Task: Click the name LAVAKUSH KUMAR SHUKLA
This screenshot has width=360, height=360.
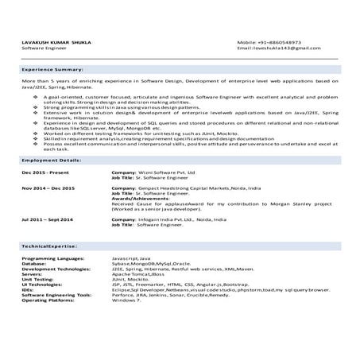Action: click(x=56, y=42)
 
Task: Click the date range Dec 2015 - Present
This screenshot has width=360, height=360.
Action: click(x=45, y=172)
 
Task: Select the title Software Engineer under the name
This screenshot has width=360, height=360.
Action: click(x=44, y=48)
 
